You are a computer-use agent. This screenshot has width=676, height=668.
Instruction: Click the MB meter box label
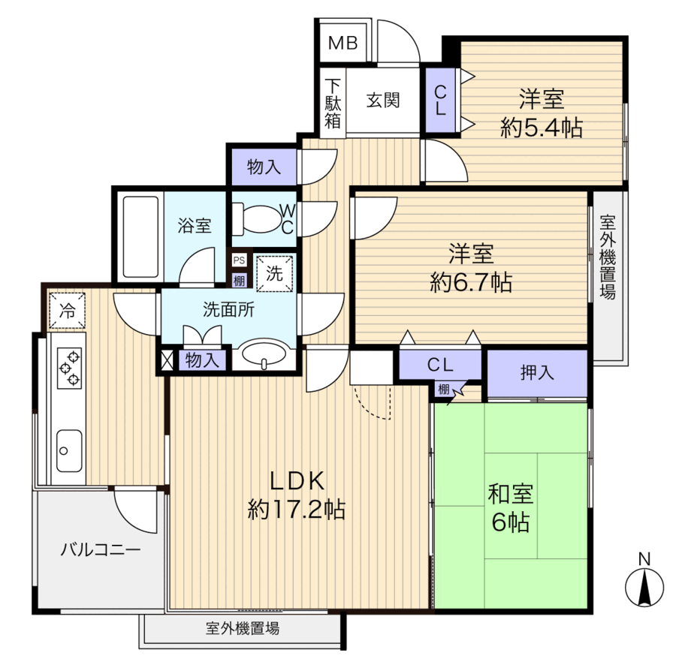pyautogui.click(x=343, y=43)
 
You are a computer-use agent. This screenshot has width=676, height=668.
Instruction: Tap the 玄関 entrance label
pyautogui.click(x=383, y=101)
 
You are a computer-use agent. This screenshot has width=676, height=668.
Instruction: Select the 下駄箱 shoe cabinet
pyautogui.click(x=333, y=104)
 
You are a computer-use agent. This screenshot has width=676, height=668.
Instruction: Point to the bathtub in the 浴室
pyautogui.click(x=140, y=237)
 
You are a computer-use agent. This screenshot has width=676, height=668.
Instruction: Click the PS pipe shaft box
pyautogui.click(x=240, y=260)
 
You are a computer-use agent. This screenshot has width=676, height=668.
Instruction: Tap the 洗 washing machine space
pyautogui.click(x=275, y=273)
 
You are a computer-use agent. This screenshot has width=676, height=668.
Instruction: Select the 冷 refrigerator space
pyautogui.click(x=67, y=310)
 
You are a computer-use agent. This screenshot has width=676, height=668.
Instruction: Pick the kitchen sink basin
pyautogui.click(x=69, y=450)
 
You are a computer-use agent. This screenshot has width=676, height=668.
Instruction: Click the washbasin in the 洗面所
pyautogui.click(x=264, y=354)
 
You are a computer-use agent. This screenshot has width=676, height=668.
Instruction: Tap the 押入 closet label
pyautogui.click(x=537, y=372)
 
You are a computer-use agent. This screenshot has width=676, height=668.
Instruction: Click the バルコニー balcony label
pyautogui.click(x=101, y=549)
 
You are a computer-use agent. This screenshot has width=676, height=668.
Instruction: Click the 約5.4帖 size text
pyautogui.click(x=542, y=128)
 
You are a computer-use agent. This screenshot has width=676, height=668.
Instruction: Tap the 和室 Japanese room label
pyautogui.click(x=511, y=494)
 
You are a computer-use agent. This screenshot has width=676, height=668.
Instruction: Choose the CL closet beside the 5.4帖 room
pyautogui.click(x=440, y=101)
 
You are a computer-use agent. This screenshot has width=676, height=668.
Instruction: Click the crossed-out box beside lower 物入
pyautogui.click(x=167, y=360)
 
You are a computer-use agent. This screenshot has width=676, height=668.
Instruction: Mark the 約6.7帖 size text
pyautogui.click(x=471, y=283)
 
